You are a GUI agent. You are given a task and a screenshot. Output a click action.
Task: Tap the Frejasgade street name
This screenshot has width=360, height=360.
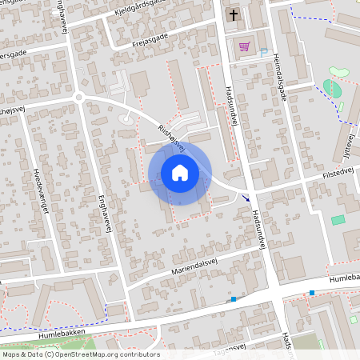(152, 38)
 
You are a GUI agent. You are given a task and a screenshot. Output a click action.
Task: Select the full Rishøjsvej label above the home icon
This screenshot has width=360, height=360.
(171, 138)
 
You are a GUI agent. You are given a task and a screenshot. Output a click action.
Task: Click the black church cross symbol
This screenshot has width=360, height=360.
(234, 15)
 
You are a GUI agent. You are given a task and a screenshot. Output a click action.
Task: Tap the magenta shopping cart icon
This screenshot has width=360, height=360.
(243, 46)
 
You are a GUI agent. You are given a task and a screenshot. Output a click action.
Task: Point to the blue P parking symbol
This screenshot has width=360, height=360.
(263, 51)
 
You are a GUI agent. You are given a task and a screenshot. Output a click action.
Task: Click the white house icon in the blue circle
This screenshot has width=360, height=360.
(179, 171)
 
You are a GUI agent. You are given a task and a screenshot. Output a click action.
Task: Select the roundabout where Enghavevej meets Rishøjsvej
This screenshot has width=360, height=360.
(79, 98)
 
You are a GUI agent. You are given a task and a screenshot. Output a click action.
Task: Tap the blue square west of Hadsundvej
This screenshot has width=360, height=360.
(234, 299)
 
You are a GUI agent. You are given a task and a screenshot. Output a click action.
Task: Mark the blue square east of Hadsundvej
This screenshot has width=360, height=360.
(312, 293)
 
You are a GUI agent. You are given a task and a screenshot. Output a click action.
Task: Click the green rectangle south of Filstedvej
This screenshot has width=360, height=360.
(338, 219)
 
